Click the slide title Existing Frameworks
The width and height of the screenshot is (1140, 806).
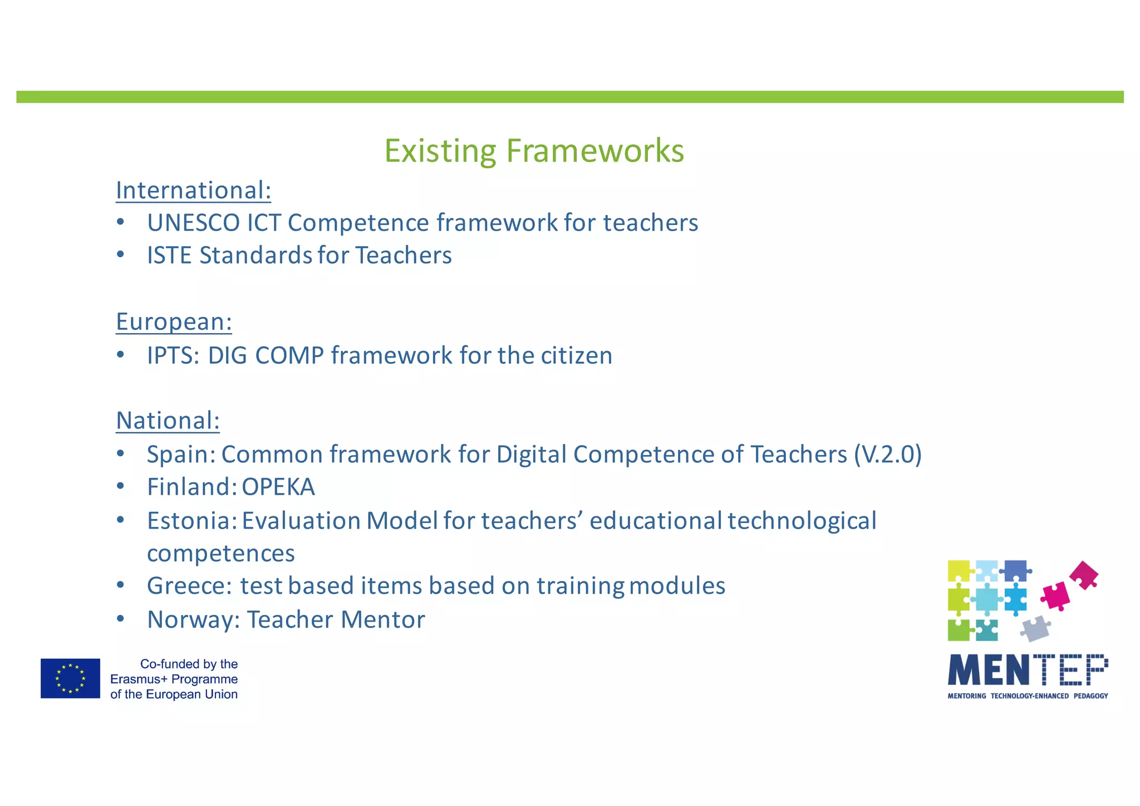click(534, 150)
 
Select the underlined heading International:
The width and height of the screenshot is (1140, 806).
click(193, 190)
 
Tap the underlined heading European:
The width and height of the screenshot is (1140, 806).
click(174, 322)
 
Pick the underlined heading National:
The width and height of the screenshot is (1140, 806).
click(168, 421)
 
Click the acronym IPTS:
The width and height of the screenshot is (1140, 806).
click(173, 355)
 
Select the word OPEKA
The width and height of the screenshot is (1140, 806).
click(278, 487)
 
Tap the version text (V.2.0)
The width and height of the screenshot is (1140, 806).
click(887, 455)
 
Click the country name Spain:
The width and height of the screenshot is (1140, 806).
click(181, 455)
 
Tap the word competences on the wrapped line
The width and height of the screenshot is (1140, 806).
click(221, 554)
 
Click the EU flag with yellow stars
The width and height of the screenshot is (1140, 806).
click(70, 678)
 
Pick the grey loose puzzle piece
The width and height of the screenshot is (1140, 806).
click(1035, 628)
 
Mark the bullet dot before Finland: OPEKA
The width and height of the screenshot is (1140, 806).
click(120, 487)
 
